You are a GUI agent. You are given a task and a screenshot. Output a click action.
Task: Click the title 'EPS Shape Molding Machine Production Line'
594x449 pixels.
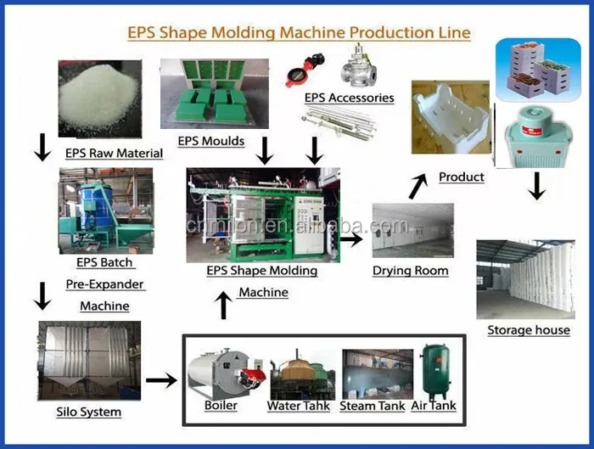pyautogui.click(x=299, y=33)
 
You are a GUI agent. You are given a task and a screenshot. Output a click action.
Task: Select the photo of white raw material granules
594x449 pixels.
pyautogui.click(x=98, y=97)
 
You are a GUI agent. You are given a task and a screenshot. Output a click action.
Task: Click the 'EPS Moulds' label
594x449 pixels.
pyautogui.click(x=210, y=141)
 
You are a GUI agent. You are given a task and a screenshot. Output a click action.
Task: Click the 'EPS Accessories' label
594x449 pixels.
pyautogui.click(x=349, y=98)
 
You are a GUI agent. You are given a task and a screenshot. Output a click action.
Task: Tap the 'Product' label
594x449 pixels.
pyautogui.click(x=462, y=177)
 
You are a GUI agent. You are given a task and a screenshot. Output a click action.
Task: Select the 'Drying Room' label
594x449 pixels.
pyautogui.click(x=410, y=271)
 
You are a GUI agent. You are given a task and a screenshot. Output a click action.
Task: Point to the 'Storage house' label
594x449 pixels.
pyautogui.click(x=529, y=330)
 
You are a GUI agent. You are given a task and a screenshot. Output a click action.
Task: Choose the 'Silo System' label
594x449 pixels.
pyautogui.click(x=88, y=412)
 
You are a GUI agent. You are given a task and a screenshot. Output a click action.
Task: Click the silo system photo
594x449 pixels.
pyautogui.click(x=88, y=360)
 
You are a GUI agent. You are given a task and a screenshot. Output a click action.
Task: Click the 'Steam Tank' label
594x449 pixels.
pyautogui.click(x=373, y=406)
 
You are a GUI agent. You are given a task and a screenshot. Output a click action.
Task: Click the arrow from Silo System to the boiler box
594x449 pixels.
pyautogui.click(x=160, y=379)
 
